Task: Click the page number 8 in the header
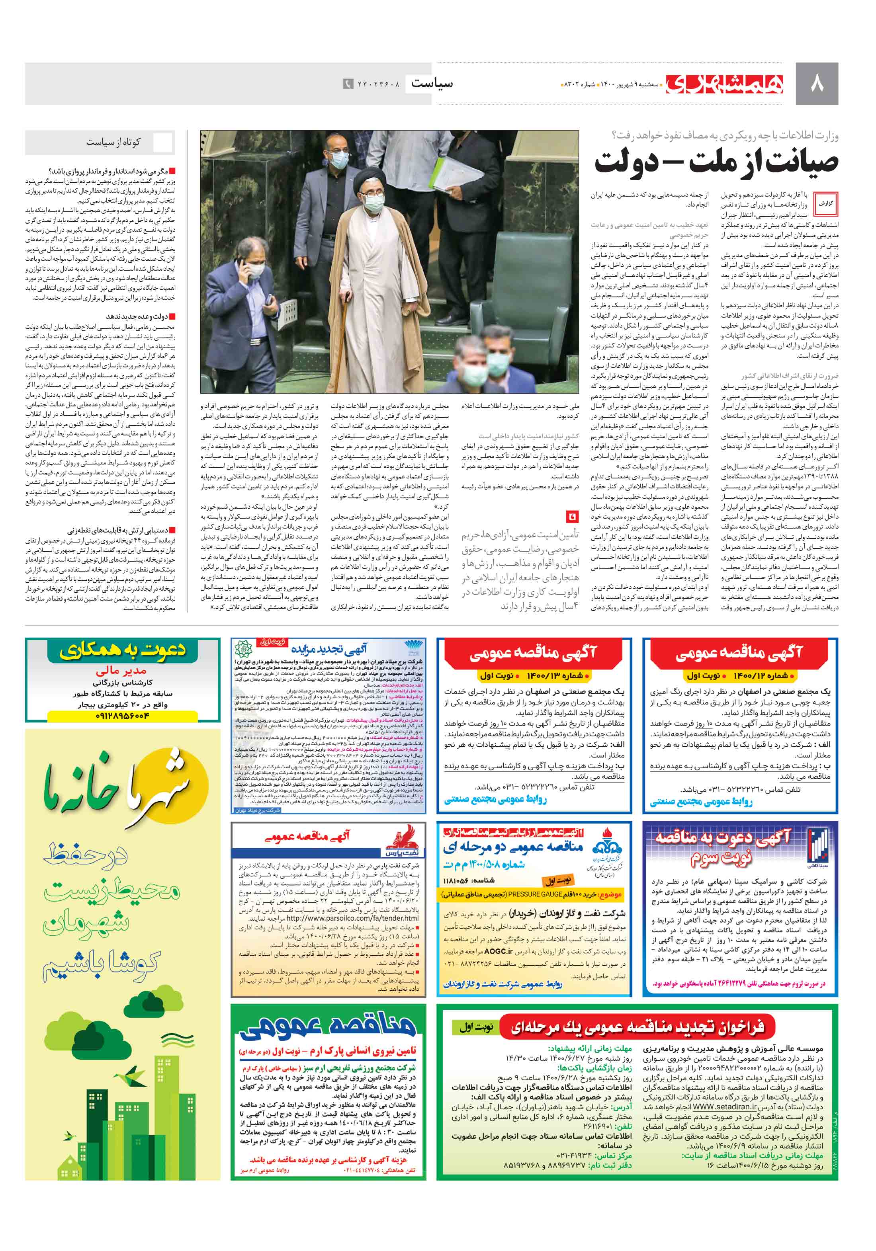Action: (817, 84)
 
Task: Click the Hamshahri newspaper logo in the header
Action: (725, 84)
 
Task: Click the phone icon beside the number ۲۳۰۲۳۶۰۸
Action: (347, 84)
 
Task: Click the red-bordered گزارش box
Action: (826, 203)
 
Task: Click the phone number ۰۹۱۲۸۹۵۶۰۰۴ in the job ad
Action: (122, 715)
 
